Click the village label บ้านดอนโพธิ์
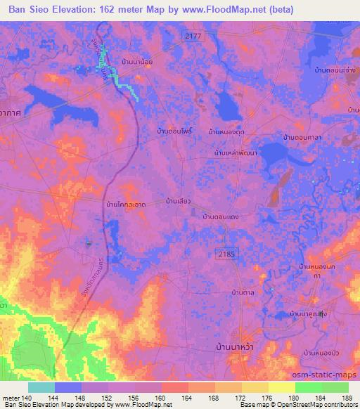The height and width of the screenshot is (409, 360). click(175, 131)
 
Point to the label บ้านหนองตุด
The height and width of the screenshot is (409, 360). click(226, 131)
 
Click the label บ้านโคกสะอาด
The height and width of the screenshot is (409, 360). click(125, 204)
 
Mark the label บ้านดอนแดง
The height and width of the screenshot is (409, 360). click(221, 216)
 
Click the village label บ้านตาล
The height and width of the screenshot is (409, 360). click(243, 291)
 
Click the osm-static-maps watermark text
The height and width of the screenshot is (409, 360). click(328, 375)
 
